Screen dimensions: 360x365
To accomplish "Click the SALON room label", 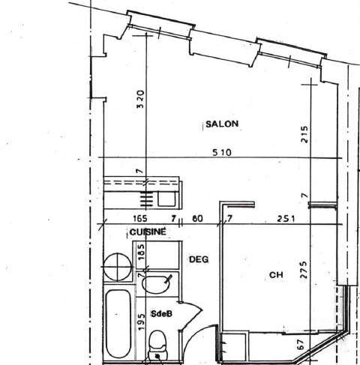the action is [x=222, y=124].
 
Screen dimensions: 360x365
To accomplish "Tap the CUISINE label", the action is [x=148, y=232].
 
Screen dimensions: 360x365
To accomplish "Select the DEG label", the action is [x=199, y=259].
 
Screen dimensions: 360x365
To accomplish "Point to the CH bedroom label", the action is [x=276, y=275].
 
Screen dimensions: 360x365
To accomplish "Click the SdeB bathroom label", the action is [x=161, y=314].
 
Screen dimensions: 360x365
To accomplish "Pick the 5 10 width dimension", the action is [x=222, y=152].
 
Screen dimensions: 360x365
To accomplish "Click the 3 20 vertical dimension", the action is [x=141, y=99].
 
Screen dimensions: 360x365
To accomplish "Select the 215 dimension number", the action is [x=304, y=134].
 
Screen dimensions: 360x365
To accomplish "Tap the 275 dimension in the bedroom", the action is [x=304, y=270].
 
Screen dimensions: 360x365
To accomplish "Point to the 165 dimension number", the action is [x=140, y=219].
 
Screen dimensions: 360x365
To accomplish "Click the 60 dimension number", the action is [x=197, y=219].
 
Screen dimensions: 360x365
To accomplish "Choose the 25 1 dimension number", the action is [x=286, y=219].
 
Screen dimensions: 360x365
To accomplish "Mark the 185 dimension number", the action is [x=141, y=252].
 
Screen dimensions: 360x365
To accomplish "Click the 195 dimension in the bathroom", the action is [x=141, y=322].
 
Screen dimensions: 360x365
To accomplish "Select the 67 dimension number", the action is [x=301, y=344].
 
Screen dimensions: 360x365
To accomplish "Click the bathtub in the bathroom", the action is [x=118, y=324].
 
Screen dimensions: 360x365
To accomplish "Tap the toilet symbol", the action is [x=157, y=345].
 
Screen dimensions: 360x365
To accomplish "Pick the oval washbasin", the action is [x=155, y=285].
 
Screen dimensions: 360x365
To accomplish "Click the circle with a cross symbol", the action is [x=118, y=267].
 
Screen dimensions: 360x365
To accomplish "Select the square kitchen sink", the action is [x=166, y=199].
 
